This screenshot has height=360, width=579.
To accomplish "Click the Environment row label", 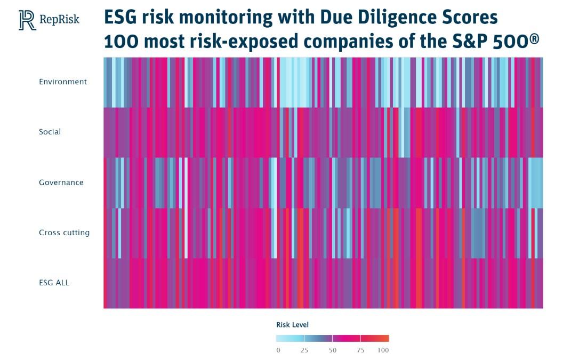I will [62, 82].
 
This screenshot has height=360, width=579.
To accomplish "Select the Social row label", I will [50, 132].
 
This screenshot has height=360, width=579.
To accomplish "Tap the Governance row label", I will [61, 182].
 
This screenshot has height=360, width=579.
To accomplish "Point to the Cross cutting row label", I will [64, 233].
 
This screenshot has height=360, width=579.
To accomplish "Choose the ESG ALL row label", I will [54, 283].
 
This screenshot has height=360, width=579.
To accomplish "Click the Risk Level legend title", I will [292, 325].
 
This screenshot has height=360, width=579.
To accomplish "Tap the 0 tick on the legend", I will [278, 350].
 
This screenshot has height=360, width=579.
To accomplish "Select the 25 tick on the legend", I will [304, 350].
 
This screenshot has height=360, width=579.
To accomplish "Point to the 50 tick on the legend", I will [332, 350].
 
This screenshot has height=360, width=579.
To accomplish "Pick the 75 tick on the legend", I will [360, 350].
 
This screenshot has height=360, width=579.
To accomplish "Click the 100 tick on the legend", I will [383, 350].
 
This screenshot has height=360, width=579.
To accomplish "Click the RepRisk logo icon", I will [27, 20].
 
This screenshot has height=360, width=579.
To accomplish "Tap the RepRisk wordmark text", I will [59, 20].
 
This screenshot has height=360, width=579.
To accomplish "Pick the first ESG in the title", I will [120, 18].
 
